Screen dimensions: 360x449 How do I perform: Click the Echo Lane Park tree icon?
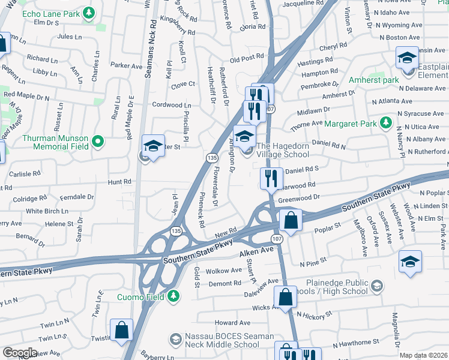click(89, 12)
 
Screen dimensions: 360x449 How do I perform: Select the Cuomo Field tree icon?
click(173, 296)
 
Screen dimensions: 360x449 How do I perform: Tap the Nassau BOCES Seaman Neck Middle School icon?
click(175, 340)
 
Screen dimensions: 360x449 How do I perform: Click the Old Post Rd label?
click(247, 59)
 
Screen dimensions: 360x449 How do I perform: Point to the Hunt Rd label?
click(119, 182)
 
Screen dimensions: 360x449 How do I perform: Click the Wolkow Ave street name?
click(223, 271)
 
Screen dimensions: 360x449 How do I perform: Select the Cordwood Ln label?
click(171, 105)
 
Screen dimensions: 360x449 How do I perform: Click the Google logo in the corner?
click(20, 353)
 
